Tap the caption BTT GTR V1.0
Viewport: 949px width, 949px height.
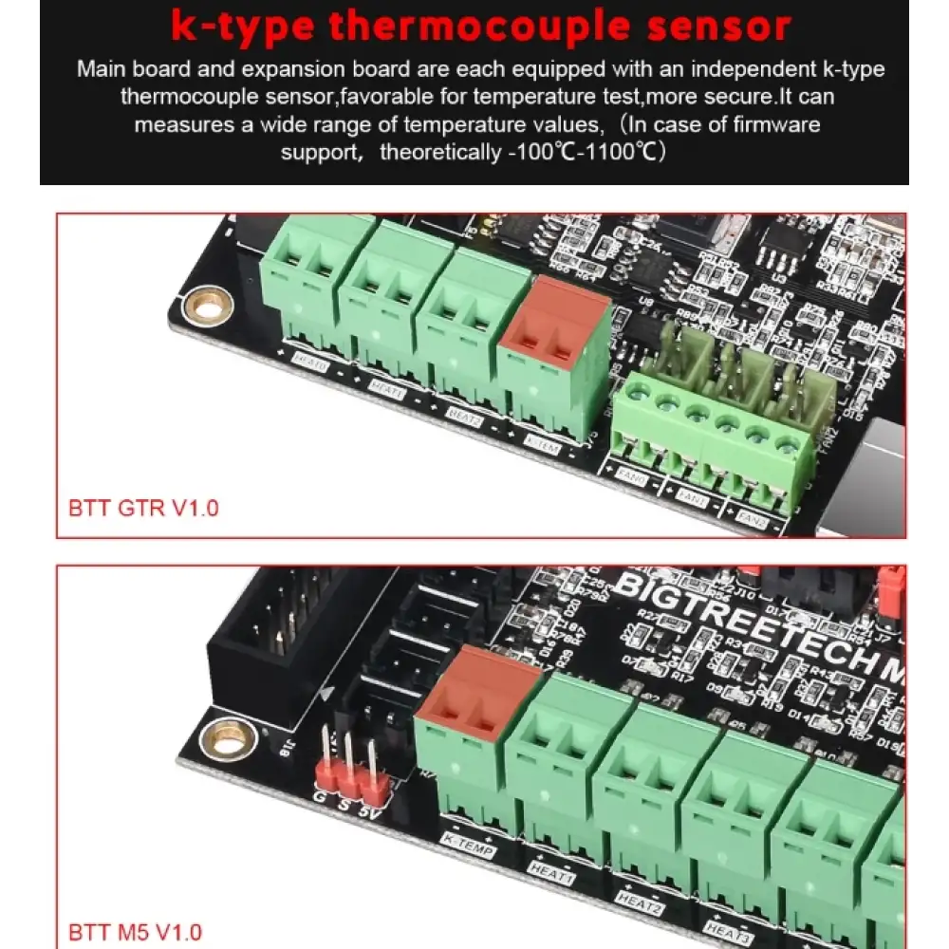pyautogui.click(x=143, y=508)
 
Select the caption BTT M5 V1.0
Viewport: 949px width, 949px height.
pyautogui.click(x=136, y=932)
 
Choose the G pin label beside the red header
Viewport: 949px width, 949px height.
pyautogui.click(x=319, y=795)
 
